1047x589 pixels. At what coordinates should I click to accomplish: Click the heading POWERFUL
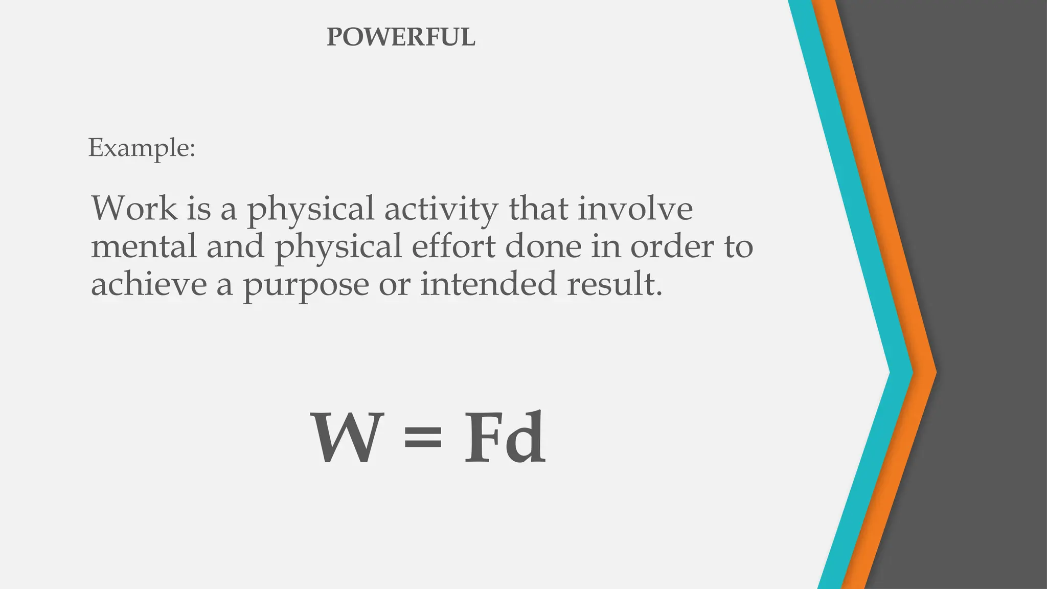point(401,37)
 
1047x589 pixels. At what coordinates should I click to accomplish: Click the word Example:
point(142,148)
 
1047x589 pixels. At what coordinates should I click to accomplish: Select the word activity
point(441,210)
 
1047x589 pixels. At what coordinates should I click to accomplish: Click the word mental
point(144,246)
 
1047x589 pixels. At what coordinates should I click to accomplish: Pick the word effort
point(453,246)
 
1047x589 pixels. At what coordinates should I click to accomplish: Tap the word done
point(543,246)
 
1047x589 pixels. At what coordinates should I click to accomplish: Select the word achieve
point(149,284)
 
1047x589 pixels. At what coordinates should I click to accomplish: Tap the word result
point(614,284)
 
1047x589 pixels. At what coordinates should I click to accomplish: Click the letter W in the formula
point(347,438)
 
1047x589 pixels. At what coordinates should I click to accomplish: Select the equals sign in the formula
point(422,439)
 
